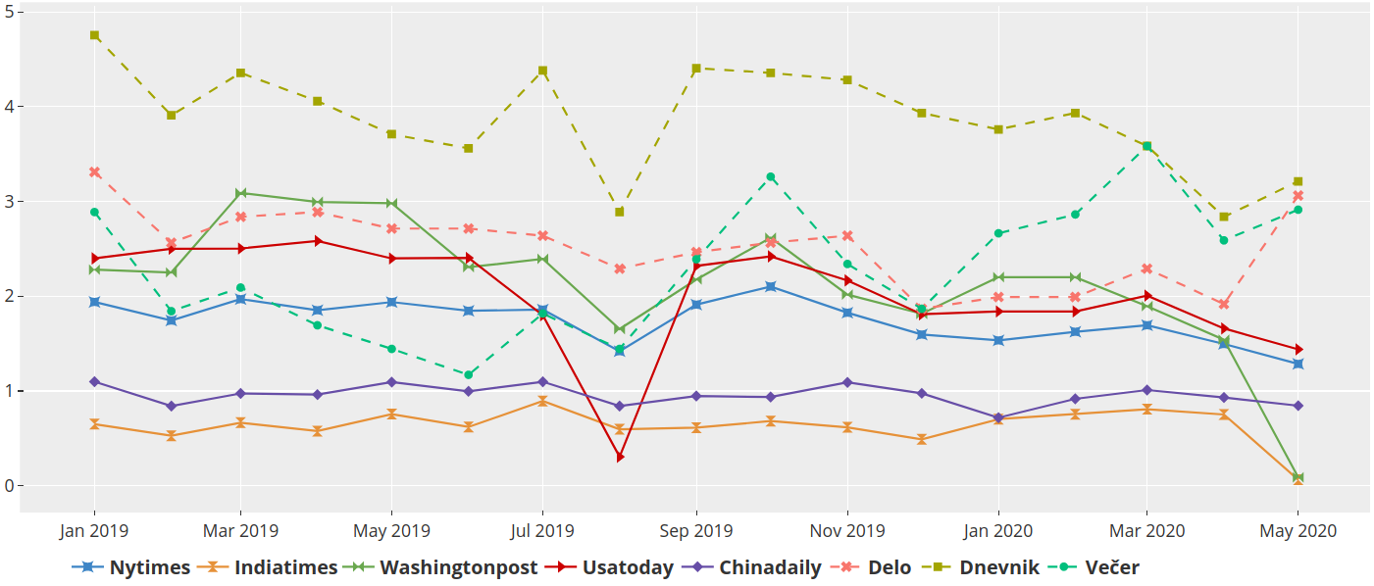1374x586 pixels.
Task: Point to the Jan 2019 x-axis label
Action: pyautogui.click(x=94, y=531)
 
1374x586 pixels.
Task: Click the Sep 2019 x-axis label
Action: pyautogui.click(x=695, y=531)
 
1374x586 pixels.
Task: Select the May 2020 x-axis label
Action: pyautogui.click(x=1298, y=531)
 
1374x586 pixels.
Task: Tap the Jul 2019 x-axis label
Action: pyautogui.click(x=542, y=531)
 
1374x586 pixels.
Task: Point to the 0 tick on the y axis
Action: pyautogui.click(x=9, y=486)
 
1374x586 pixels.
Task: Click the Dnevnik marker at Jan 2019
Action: pyautogui.click(x=94, y=35)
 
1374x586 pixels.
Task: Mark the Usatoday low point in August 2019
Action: pyautogui.click(x=620, y=458)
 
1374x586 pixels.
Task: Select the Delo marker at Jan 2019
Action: pyautogui.click(x=94, y=172)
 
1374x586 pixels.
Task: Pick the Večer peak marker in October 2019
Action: pyautogui.click(x=771, y=177)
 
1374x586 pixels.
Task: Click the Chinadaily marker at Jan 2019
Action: pyautogui.click(x=94, y=381)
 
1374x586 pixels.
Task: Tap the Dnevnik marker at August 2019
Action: pyautogui.click(x=620, y=212)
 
